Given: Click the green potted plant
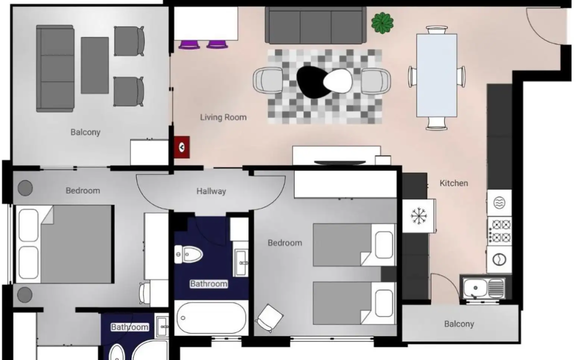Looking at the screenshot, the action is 383,22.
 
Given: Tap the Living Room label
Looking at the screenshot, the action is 223,117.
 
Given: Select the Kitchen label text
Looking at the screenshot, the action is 454,183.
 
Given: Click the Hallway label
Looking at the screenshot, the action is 211,191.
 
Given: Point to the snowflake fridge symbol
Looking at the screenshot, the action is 419,216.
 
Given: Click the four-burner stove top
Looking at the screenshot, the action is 499,231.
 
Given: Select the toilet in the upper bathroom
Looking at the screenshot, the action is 188,255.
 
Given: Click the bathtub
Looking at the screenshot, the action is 211,318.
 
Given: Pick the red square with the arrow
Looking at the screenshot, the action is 182,147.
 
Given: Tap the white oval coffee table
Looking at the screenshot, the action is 338,81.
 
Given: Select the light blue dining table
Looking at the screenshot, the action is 437,75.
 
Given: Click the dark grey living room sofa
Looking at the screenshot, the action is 316,25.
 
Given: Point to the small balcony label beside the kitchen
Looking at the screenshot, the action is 459,324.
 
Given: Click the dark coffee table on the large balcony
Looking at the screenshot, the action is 95,65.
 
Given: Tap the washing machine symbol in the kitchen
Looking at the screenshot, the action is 499,259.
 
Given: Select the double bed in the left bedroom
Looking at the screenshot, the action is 65,244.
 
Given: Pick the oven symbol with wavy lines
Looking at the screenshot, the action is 499,203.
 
